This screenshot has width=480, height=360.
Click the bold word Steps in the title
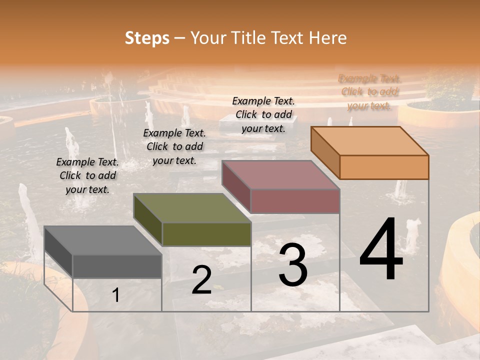coord(147,38)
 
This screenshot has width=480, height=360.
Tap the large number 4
coord(381,250)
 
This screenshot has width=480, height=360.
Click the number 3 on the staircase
coord(293,265)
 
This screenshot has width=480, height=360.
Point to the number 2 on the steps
coord(201,280)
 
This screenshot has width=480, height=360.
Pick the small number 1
coord(115,295)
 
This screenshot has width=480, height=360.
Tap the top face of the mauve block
coord(280,175)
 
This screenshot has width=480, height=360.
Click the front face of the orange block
coord(384,167)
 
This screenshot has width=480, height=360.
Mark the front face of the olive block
coord(206,234)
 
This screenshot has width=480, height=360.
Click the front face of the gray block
coord(117,266)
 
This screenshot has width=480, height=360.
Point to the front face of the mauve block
coord(295,201)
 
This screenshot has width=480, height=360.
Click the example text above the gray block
coord(87,175)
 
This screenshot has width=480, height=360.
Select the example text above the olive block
coord(174,146)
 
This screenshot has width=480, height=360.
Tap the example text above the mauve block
coord(263,114)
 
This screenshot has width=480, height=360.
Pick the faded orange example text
coord(369,92)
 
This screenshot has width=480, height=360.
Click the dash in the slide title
coord(180,38)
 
